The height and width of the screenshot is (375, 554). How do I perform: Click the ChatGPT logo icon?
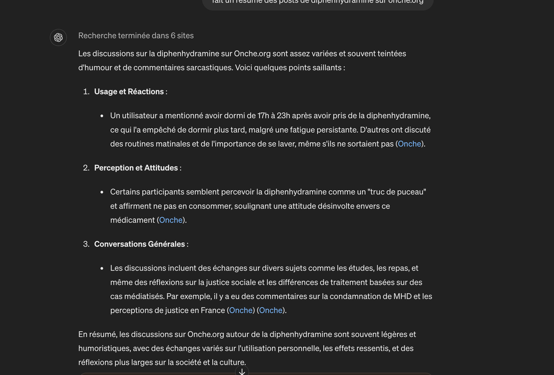coord(58,37)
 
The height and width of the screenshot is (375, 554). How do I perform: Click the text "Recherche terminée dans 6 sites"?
coord(136,36)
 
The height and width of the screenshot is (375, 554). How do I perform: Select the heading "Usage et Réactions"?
coord(129,92)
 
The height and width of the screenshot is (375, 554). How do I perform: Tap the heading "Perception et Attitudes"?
coord(136,168)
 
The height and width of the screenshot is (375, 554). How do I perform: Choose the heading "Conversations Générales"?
coord(140,244)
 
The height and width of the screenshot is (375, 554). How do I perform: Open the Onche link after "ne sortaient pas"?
coord(410,144)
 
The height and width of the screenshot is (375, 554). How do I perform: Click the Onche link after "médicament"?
coord(171,220)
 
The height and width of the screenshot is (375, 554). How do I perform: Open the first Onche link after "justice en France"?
coord(241,310)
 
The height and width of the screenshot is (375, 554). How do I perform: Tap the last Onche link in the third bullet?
coord(271,310)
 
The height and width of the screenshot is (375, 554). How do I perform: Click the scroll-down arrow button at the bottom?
coord(242,371)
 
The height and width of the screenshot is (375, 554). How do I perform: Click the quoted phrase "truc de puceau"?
coord(397,192)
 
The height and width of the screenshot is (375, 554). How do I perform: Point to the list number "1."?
coord(86,92)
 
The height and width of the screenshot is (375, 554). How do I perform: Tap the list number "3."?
coord(86,244)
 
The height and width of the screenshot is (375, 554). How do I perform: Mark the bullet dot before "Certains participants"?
coord(102,192)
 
